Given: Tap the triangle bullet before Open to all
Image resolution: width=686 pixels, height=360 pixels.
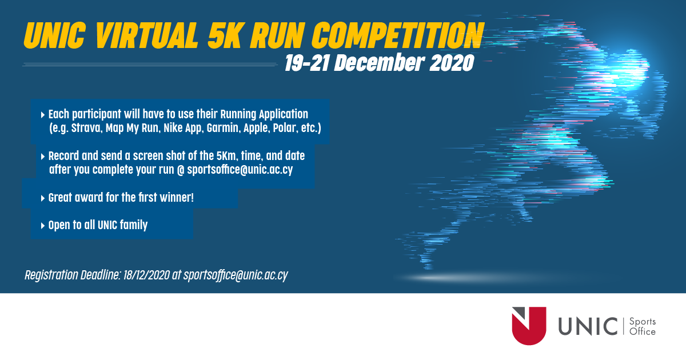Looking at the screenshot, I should pos(43,226).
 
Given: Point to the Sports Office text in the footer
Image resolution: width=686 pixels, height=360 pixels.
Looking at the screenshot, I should pos(641,327).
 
